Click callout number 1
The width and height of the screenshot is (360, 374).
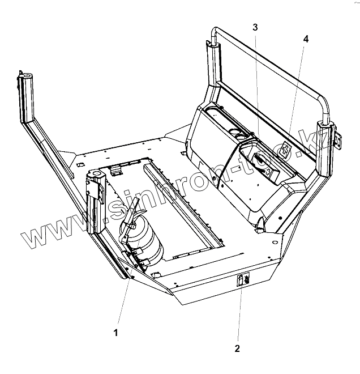click(x=116, y=333)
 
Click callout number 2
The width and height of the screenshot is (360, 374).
click(x=238, y=348)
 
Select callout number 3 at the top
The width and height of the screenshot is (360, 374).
click(x=255, y=27)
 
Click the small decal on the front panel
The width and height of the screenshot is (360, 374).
click(x=244, y=279)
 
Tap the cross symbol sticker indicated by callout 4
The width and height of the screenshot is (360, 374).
click(x=285, y=150)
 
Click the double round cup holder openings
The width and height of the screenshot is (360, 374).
click(x=239, y=135)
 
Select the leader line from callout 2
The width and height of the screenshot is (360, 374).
click(x=240, y=314)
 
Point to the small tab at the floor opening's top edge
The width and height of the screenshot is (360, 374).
click(x=117, y=169)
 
